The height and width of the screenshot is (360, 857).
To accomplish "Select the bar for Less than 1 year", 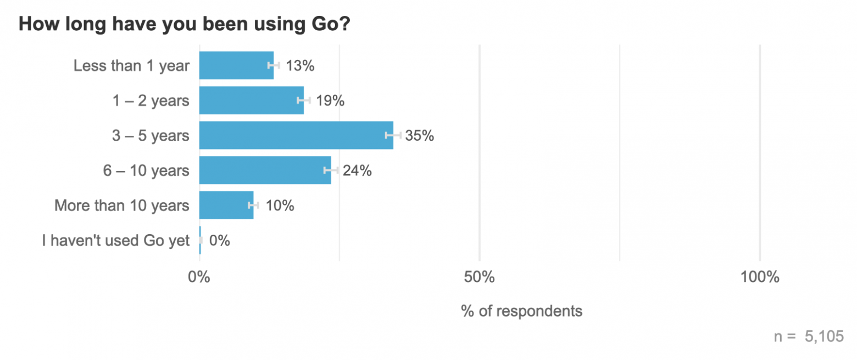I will [236, 65].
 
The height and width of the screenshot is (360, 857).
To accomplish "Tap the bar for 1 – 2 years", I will [251, 100].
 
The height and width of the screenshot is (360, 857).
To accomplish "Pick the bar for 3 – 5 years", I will [296, 135].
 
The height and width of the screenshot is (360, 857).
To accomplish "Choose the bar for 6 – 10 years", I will [265, 170].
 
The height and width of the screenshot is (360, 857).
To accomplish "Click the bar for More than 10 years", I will [226, 205].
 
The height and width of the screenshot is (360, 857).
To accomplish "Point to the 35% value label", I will [420, 135].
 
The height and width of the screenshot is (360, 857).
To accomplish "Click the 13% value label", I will [300, 66].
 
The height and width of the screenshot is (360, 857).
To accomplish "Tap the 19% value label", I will [330, 101].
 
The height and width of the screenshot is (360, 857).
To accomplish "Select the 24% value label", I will [358, 170].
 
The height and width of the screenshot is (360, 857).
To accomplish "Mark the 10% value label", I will [280, 206].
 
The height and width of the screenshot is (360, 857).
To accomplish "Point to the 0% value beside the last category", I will [219, 240].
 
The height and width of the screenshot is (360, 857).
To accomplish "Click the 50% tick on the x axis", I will [480, 277].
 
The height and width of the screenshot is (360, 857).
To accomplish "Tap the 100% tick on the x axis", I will [760, 277].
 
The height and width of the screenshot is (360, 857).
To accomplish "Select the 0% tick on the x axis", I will [199, 277].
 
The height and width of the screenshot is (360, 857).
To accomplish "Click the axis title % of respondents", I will [521, 311].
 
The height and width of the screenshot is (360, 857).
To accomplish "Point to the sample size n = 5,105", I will [808, 336].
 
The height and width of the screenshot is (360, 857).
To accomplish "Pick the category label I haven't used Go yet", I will [116, 240].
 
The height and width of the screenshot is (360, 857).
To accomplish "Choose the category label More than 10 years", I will [122, 206].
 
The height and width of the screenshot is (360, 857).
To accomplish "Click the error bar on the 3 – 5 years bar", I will [393, 135].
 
